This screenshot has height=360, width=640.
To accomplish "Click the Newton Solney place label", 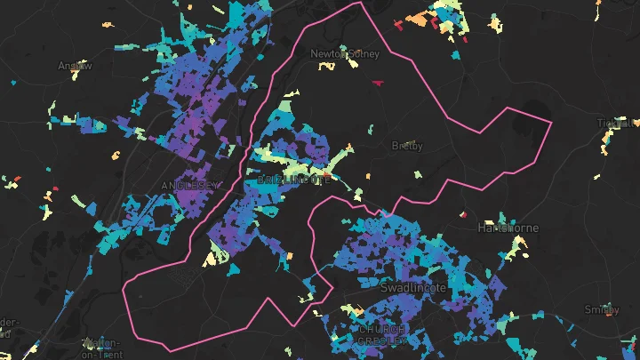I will (x=344, y=54).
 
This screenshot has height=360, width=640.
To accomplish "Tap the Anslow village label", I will (x=74, y=66).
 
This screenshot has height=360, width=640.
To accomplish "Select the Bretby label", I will (x=407, y=146).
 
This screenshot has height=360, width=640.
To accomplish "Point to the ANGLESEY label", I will (x=189, y=185).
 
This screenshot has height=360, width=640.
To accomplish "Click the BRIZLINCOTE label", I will (x=293, y=180).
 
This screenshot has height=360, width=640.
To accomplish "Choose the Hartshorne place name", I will (x=508, y=228).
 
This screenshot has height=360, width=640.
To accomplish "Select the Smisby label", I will (x=602, y=309).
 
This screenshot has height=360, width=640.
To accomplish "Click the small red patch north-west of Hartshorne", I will (x=464, y=214).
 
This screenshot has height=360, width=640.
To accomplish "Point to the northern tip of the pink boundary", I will (x=359, y=3).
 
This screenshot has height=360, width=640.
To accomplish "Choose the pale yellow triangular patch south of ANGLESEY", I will (x=212, y=258).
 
